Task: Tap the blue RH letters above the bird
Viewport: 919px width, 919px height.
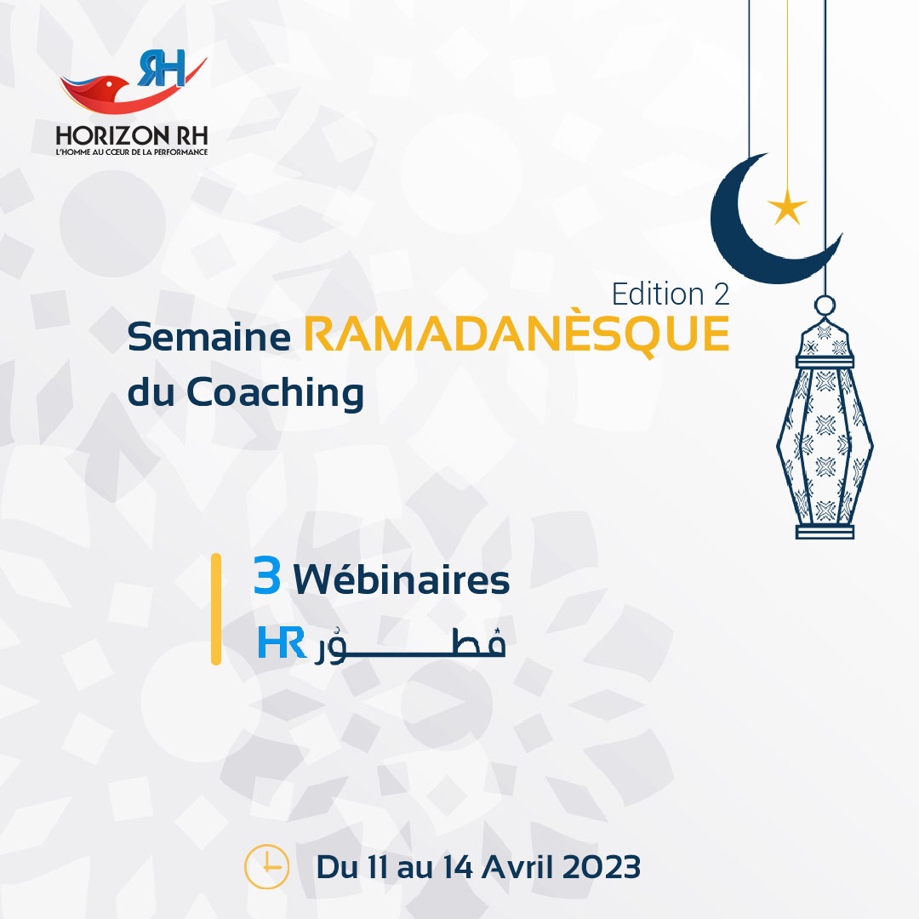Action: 162,68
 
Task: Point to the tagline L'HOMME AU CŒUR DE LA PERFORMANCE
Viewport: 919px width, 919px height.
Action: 132,151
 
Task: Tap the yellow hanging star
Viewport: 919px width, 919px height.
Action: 787,207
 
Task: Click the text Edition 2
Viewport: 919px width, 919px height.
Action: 671,294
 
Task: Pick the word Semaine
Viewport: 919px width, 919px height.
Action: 208,338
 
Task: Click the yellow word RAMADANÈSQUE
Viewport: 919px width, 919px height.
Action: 517,335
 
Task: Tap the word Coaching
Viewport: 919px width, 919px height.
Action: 275,393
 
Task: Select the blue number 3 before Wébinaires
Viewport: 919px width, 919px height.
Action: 266,575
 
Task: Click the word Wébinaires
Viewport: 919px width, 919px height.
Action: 402,579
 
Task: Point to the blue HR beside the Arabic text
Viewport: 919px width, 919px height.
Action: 282,642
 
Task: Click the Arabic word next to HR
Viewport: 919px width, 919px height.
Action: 410,646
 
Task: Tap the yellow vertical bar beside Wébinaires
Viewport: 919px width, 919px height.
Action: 216,609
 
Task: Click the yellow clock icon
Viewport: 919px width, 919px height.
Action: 266,866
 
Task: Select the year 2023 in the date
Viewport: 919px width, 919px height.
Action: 602,867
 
